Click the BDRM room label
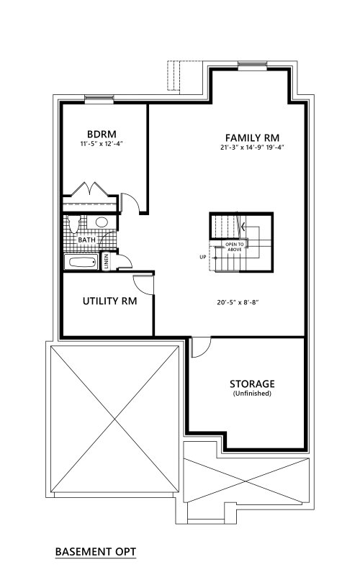tap(102, 134)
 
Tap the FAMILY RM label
tap(252, 137)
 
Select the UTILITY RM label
tap(109, 301)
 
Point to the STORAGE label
tap(252, 384)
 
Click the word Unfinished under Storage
tap(252, 393)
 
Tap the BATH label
tap(86, 240)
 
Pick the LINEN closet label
tap(106, 261)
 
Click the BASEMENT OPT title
tap(96, 551)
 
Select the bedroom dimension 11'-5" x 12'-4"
tap(102, 144)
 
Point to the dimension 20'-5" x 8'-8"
tap(238, 302)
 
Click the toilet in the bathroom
tap(74, 223)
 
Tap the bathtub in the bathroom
tap(81, 263)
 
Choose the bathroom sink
tap(102, 222)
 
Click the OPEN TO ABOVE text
tap(235, 247)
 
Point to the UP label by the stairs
tap(203, 257)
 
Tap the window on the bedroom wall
tap(99, 99)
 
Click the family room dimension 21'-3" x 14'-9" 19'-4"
tap(252, 148)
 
